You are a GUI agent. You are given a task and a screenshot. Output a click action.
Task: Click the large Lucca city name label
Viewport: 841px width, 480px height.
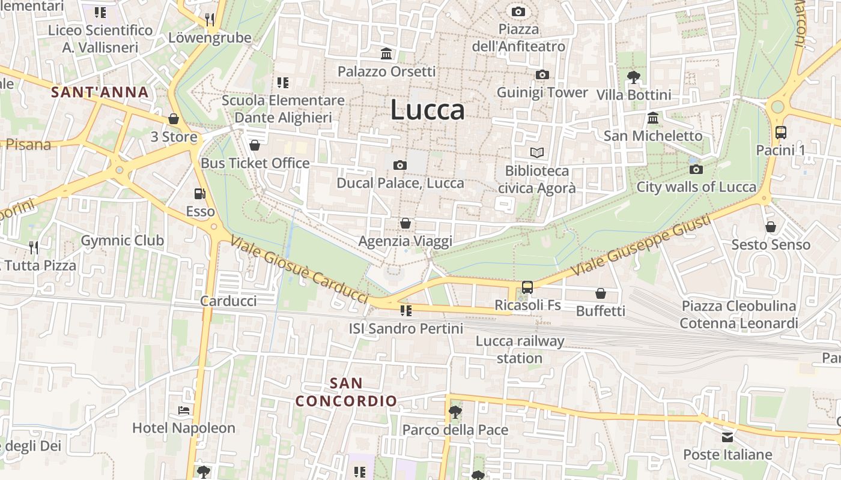427,110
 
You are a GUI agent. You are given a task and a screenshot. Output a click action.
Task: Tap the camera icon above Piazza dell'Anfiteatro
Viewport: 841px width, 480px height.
518,11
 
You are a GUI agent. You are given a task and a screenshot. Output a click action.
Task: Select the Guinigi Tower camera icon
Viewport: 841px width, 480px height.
542,74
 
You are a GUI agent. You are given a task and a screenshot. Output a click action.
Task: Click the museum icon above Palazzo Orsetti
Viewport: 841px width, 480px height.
386,54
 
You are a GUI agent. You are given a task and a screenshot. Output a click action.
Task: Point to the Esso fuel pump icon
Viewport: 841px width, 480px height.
199,194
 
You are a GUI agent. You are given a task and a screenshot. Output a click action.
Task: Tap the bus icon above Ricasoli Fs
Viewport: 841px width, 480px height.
527,287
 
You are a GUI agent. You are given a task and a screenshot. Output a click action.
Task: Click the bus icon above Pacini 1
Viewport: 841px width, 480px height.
781,133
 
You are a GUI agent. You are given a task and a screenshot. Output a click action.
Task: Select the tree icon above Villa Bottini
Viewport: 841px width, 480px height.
633,77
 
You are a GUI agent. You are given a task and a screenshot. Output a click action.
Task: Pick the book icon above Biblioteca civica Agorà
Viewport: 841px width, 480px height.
536,153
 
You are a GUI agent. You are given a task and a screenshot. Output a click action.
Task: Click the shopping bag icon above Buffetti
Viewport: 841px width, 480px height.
600,293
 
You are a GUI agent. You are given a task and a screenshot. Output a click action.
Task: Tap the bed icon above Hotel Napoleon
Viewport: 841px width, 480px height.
184,410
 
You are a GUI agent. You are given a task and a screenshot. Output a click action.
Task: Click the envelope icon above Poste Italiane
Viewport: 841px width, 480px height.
727,437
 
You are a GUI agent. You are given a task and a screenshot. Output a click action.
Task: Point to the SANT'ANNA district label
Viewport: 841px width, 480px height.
100,92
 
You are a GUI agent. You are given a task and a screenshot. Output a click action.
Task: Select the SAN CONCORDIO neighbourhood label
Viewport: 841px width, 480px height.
347,392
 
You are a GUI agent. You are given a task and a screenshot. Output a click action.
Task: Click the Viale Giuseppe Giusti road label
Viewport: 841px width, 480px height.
642,245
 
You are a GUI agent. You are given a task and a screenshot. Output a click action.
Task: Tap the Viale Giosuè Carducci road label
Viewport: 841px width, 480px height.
299,269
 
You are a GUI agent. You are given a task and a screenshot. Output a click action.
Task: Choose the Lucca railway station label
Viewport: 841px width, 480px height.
520,350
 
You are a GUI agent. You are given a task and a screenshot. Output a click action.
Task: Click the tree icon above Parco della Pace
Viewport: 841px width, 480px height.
455,412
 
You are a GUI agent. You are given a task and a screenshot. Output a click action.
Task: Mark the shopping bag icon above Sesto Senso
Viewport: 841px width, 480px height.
771,227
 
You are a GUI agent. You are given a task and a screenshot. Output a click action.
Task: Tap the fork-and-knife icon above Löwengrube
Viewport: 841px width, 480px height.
210,19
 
